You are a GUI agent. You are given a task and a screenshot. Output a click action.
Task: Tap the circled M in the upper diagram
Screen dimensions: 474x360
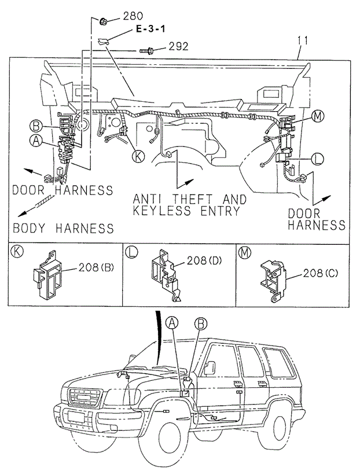317,116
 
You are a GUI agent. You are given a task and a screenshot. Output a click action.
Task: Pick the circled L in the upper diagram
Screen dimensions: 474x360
317,157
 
